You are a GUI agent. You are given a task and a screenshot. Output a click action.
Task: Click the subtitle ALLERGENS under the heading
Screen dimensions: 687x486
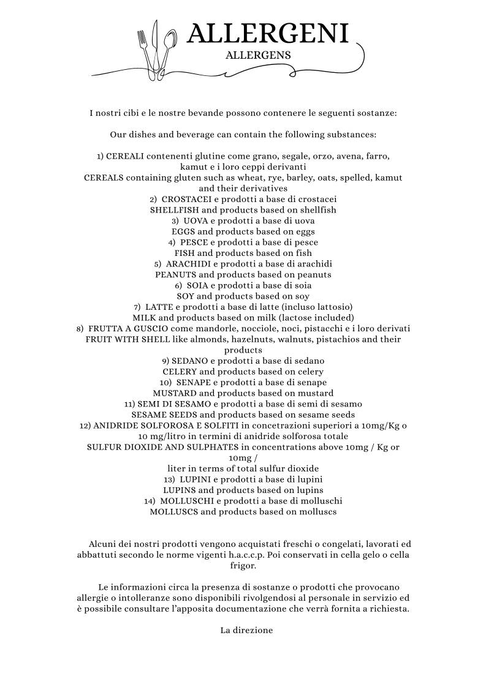tap(258, 55)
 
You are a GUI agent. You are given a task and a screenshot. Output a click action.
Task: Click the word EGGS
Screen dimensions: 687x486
tap(183, 231)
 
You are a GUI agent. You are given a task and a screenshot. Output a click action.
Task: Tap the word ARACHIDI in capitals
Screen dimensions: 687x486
tap(188, 264)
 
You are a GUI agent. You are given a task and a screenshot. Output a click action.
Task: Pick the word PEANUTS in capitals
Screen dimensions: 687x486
tap(176, 274)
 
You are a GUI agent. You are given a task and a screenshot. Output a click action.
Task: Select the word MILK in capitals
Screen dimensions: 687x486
tap(145, 317)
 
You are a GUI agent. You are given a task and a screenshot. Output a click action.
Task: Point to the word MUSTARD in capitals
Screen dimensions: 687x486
tap(175, 393)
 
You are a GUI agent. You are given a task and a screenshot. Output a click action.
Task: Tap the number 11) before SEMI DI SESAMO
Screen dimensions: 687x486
tap(129, 404)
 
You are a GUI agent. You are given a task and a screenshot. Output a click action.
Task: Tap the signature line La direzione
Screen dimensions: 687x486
tap(246, 629)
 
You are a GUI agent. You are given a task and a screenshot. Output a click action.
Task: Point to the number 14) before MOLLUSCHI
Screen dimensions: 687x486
tap(150, 501)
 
